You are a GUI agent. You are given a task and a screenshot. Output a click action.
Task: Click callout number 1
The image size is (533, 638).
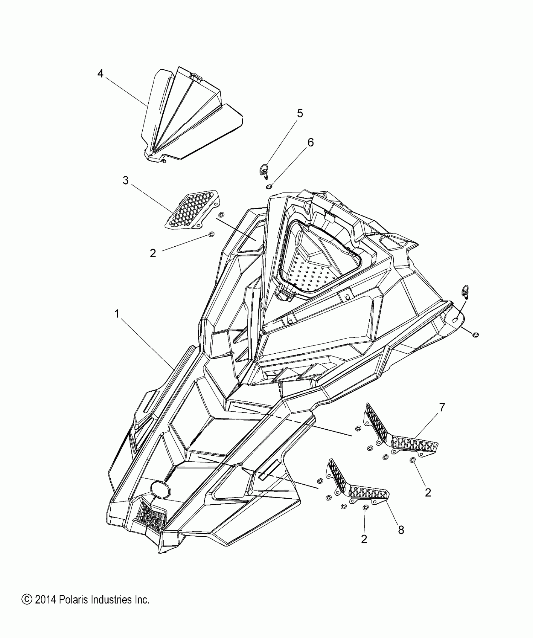(x=117, y=314)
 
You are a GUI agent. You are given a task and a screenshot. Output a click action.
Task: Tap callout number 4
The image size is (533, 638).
(x=100, y=74)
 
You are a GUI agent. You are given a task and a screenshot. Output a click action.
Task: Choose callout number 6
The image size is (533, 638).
(x=310, y=143)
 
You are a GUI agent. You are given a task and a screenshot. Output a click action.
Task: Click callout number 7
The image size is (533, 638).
(x=442, y=408)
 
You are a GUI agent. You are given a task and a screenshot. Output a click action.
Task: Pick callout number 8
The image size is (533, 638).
(x=401, y=530)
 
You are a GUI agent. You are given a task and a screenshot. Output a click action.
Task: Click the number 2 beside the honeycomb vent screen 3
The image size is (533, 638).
(x=153, y=253)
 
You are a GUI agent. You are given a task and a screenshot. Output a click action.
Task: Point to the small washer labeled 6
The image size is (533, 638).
(x=269, y=187)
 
